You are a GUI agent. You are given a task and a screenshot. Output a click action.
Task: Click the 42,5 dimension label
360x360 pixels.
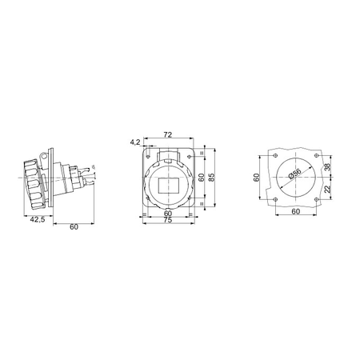38,219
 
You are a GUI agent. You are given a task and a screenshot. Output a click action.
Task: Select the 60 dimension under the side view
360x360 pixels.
74,226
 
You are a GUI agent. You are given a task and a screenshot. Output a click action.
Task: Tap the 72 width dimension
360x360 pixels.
168,135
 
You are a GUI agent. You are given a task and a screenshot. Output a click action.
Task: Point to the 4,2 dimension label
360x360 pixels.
135,142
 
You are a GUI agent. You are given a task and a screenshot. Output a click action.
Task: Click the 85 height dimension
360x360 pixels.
211,177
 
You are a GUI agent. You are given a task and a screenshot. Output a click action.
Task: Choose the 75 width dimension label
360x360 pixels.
168,220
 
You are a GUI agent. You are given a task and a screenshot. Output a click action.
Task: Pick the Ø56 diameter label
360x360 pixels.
295,173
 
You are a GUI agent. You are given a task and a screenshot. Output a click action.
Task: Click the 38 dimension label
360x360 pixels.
327,167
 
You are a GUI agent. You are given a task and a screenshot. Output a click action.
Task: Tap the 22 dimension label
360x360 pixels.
327,189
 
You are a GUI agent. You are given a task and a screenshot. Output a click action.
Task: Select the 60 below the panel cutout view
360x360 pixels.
296,211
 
